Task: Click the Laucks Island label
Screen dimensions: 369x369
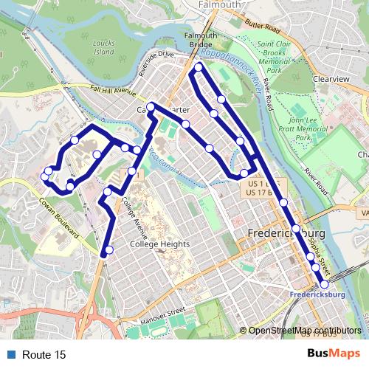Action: click(104, 48)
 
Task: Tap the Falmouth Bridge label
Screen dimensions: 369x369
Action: click(200, 40)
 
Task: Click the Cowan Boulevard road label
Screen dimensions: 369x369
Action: click(58, 217)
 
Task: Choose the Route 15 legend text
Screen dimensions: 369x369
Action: click(44, 355)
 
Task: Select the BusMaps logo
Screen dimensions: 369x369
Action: click(334, 354)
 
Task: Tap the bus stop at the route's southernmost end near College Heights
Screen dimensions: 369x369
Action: click(109, 250)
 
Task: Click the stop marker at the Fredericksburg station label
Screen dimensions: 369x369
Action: click(324, 284)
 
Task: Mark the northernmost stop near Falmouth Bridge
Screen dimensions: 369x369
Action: click(199, 68)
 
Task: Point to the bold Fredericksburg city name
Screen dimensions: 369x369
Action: click(283, 234)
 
